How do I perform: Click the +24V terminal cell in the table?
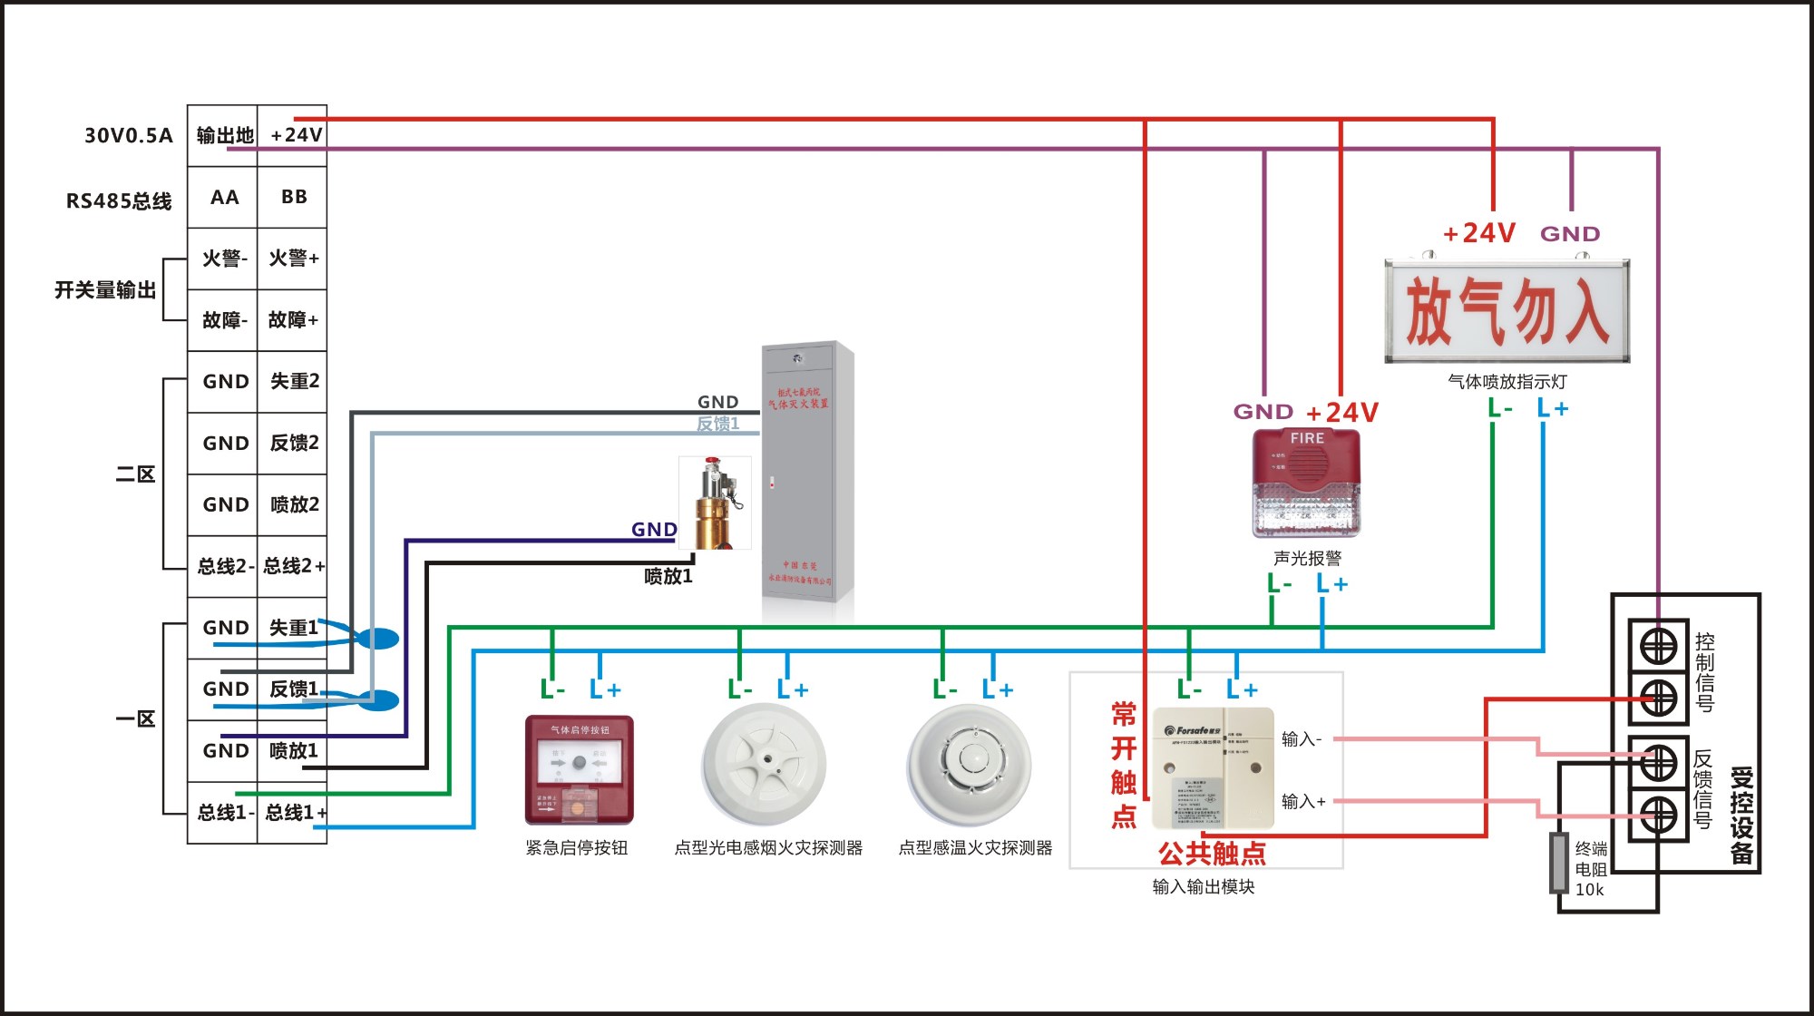292,135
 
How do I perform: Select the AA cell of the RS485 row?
224,197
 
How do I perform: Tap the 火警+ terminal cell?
292,259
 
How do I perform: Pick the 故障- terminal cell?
224,320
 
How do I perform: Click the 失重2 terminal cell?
292,381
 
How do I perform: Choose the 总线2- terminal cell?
224,566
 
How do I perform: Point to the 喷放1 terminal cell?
292,751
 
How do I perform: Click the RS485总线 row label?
119,200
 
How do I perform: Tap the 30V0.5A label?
128,135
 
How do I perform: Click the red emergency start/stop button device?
579,769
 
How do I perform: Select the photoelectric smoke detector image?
764,765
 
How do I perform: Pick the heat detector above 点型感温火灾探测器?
970,765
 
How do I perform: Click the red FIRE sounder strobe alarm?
1306,482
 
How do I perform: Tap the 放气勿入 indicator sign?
1507,311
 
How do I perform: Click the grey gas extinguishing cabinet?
807,472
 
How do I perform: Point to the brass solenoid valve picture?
716,503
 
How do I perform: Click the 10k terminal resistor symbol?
1558,863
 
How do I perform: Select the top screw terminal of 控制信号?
1658,647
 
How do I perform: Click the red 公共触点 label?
1212,853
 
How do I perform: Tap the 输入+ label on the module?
1302,801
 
